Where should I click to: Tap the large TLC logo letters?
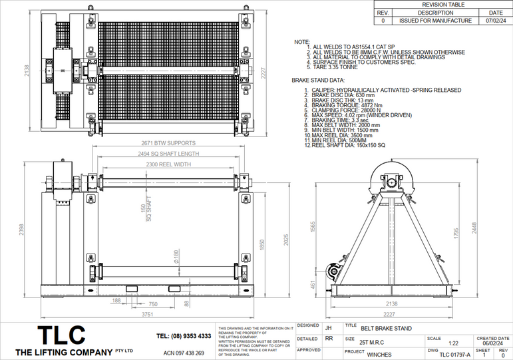pos(61,334)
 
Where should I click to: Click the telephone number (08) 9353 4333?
pos(184,336)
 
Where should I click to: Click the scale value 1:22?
pos(453,343)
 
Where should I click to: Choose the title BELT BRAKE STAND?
pos(386,328)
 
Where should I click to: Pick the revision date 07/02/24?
pos(496,21)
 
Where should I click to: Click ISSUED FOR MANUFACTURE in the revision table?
pos(436,21)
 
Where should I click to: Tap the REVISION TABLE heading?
pos(444,5)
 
